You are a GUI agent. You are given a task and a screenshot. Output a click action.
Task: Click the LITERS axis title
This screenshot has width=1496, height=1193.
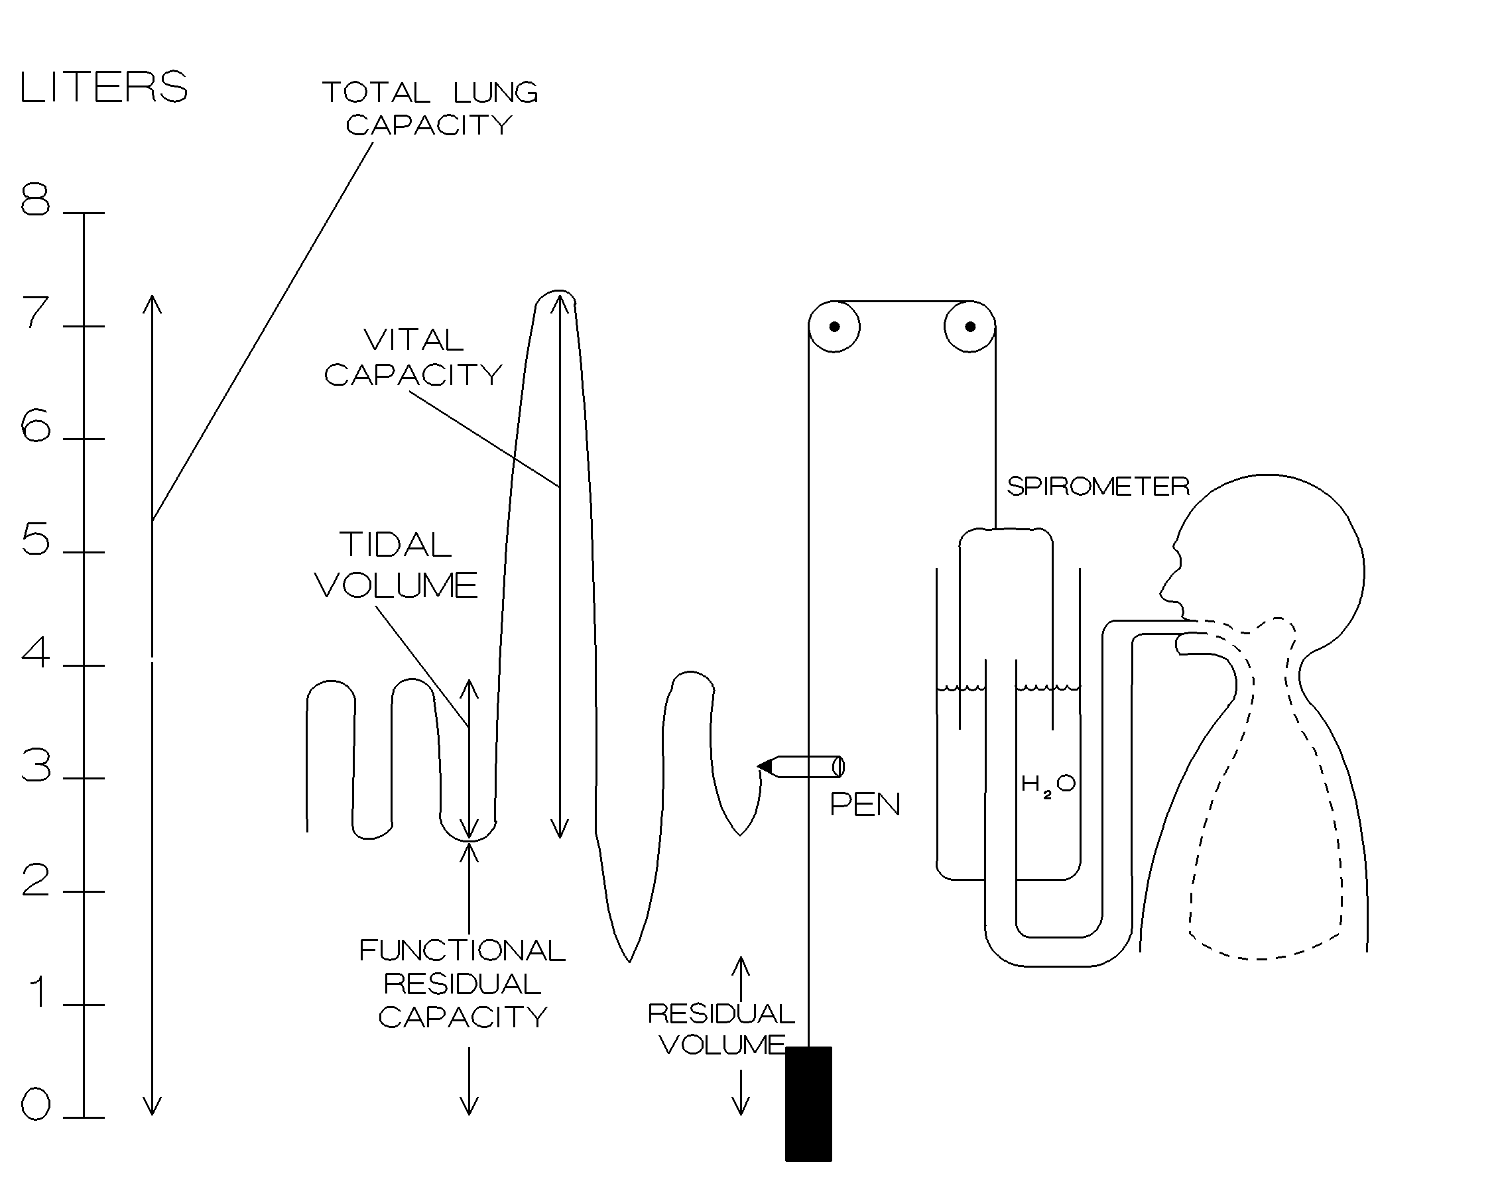[104, 87]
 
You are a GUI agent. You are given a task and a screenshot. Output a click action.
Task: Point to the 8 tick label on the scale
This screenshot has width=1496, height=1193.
[35, 199]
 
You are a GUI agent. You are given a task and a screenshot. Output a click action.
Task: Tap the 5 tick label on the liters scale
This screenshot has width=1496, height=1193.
[35, 539]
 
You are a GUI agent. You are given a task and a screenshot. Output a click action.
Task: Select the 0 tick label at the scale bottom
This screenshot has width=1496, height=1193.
[35, 1104]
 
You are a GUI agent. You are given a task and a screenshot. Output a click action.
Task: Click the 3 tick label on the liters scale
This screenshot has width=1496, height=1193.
[36, 766]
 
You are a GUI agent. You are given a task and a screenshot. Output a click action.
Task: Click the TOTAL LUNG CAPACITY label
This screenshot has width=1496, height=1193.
[430, 108]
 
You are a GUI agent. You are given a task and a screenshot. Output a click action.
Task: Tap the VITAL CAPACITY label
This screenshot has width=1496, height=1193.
[414, 357]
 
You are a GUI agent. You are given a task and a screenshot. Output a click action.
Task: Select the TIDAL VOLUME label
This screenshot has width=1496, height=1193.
[396, 565]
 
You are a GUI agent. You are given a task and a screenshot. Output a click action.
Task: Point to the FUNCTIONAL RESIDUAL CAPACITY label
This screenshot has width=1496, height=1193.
[463, 984]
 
